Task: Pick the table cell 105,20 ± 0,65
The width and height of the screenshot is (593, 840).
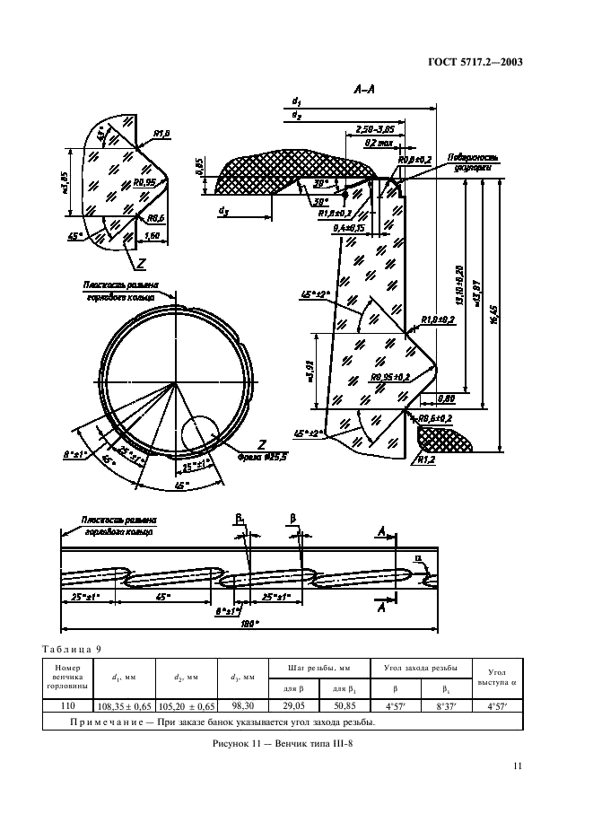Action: pyautogui.click(x=191, y=705)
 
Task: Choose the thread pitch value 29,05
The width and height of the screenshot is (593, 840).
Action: pyautogui.click(x=283, y=705)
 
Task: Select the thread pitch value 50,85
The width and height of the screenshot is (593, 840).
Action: pyautogui.click(x=332, y=705)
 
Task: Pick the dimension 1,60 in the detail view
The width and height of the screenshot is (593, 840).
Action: pyautogui.click(x=151, y=235)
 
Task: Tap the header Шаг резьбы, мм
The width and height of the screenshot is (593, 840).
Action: pyautogui.click(x=308, y=669)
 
